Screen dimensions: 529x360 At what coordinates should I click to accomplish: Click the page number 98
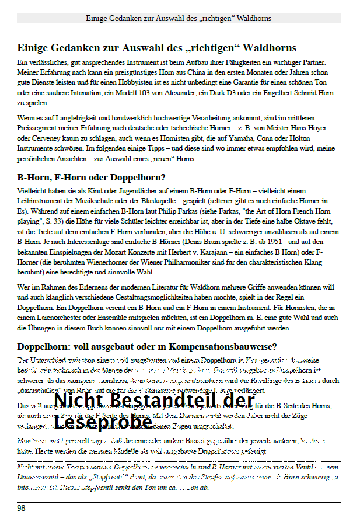pos(21,508)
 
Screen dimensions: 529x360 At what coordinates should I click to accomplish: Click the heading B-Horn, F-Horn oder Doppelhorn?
pos(91,177)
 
